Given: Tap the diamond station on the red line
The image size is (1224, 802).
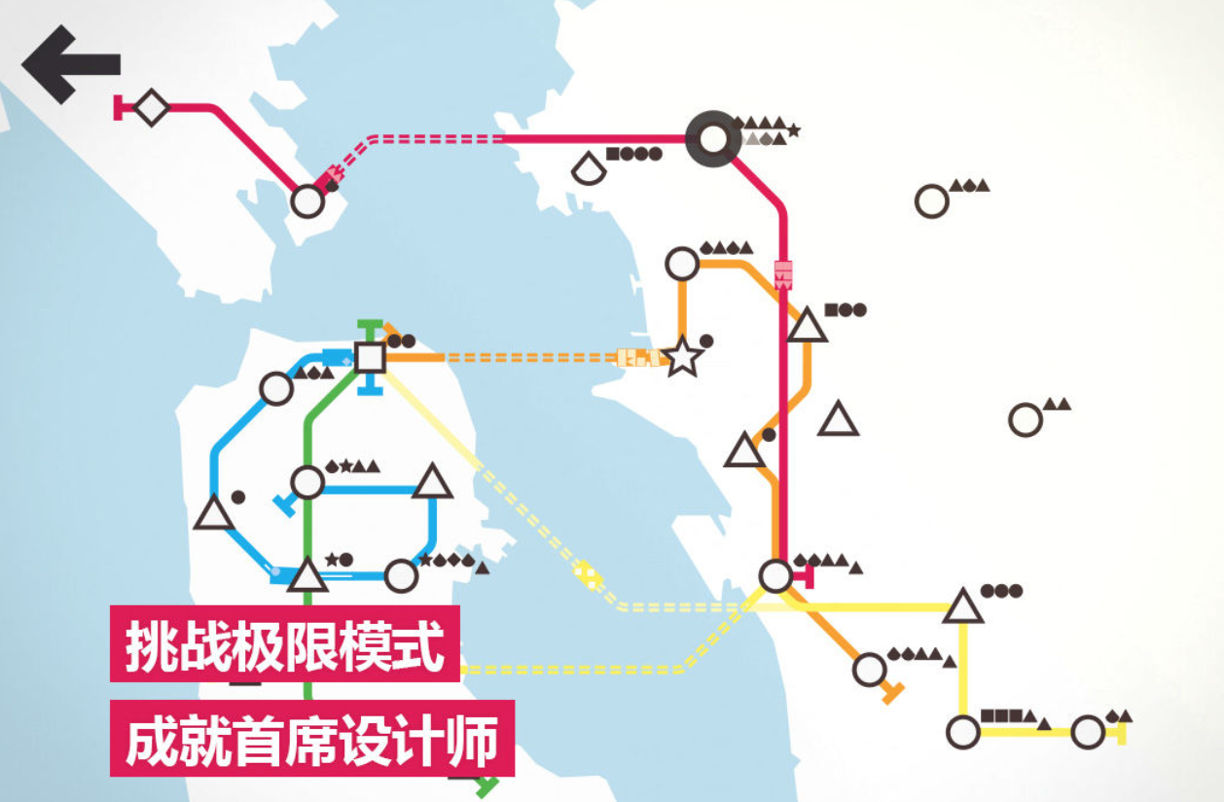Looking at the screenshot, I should [151, 107].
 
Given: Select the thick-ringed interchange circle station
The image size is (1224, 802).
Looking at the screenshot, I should [713, 139].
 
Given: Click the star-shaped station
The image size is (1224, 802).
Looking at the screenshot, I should [683, 357].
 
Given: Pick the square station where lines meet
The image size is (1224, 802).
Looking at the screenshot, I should [370, 357].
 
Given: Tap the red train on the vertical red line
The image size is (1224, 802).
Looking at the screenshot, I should [783, 273].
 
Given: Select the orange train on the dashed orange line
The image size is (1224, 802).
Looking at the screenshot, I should [638, 357].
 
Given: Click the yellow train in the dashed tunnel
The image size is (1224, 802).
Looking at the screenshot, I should [587, 574].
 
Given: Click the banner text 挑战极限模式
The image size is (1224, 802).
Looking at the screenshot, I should [284, 643].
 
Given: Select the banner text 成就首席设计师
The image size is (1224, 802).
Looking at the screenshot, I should [311, 738].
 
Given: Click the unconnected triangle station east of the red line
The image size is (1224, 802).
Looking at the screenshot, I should [838, 419].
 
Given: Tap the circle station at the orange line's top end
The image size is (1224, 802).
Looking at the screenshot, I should [682, 263].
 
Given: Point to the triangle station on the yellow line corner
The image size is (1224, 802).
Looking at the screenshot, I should [963, 606].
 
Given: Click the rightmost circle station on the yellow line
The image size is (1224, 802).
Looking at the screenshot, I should [1088, 731].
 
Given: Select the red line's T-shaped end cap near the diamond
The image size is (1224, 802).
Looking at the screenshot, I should [119, 107].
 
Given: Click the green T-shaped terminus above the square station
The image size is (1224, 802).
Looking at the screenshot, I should [369, 325].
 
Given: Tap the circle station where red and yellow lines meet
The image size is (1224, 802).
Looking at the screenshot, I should [775, 576].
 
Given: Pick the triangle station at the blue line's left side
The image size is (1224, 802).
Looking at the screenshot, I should [213, 514].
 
